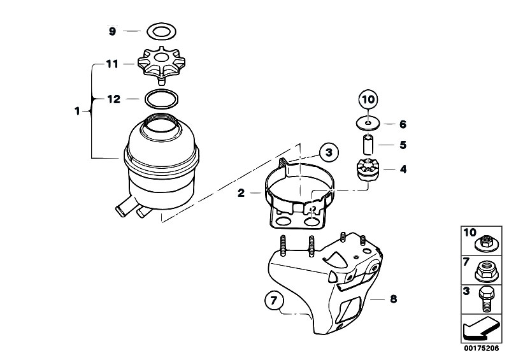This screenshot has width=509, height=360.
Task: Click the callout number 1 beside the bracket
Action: [77, 112]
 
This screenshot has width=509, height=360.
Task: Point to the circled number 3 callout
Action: [329, 152]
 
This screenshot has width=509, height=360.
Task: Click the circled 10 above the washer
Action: [368, 99]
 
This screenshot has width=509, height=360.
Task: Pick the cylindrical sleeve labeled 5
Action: [368, 145]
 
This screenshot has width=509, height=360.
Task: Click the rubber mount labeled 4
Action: [368, 169]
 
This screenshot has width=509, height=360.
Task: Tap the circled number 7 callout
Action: [274, 301]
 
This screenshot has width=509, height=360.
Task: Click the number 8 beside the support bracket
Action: [394, 299]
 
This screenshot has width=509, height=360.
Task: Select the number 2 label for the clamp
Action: [241, 193]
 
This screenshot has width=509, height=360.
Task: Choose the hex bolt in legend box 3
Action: [486, 299]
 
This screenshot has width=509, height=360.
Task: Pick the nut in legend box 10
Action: [485, 242]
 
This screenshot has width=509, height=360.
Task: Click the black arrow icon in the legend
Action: [480, 329]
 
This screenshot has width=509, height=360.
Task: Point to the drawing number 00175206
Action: [481, 349]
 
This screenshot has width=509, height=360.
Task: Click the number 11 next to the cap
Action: [112, 64]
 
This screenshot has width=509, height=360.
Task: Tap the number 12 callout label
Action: [113, 99]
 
